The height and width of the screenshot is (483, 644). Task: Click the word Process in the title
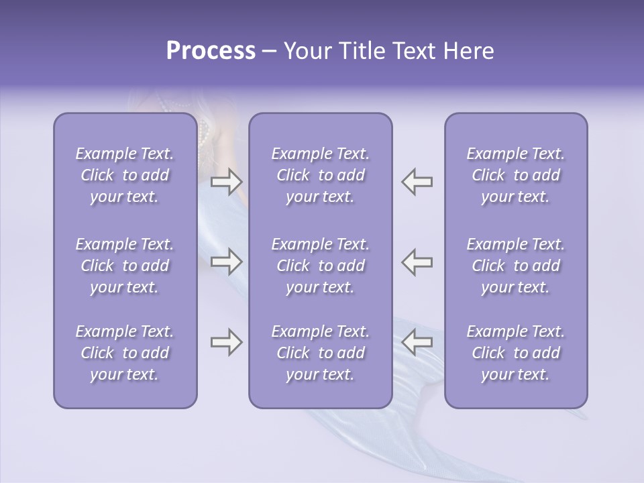coord(211,51)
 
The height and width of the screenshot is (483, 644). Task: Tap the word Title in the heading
coord(364,51)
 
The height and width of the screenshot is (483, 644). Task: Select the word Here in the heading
coord(467,51)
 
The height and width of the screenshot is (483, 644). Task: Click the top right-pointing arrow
coord(226,182)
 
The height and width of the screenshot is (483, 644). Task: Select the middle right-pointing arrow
coord(226,262)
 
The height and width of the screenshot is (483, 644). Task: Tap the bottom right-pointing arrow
coord(226,342)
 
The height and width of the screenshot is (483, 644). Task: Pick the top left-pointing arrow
coord(417,182)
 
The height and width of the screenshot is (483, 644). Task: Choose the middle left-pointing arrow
coord(417,262)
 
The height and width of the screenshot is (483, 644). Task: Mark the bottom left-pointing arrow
coord(417,342)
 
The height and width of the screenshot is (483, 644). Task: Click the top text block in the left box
coord(125,175)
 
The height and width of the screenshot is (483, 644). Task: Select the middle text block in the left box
coord(125,266)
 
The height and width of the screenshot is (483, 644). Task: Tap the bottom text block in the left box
coord(125,353)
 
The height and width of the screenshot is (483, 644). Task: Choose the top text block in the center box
coord(320,175)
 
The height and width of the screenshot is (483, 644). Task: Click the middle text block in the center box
coord(320,266)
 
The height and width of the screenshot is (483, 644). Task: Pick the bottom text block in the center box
coord(320,353)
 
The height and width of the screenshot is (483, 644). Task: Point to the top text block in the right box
coord(515,175)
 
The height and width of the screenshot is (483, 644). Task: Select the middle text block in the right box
coord(515,266)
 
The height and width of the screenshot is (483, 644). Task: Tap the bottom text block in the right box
coord(515,353)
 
